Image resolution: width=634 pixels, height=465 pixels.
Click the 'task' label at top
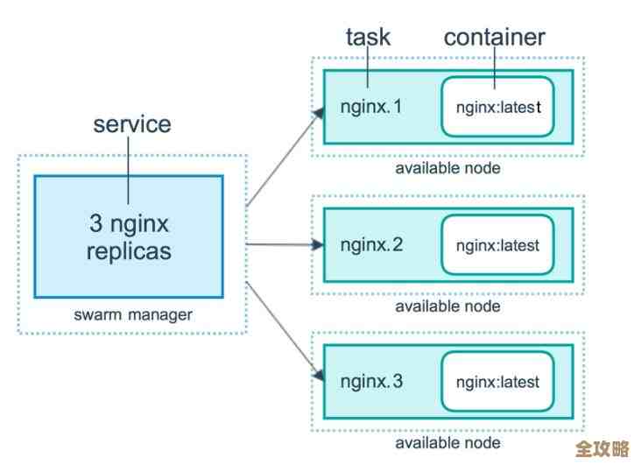368,37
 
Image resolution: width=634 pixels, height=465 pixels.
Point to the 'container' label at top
494,37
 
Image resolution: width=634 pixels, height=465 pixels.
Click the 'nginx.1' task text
371,108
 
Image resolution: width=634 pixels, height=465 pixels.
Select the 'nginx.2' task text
371,244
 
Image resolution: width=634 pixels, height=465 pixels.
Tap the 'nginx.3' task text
371,382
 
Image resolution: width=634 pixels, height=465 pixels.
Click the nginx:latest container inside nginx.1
497,108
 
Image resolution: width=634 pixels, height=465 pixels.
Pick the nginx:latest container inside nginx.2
497,244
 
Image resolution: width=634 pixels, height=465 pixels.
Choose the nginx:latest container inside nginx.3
497,382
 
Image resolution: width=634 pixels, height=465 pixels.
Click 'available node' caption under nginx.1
447,168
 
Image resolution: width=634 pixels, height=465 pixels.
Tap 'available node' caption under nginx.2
447,306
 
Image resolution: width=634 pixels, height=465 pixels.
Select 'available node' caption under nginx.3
447,443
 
